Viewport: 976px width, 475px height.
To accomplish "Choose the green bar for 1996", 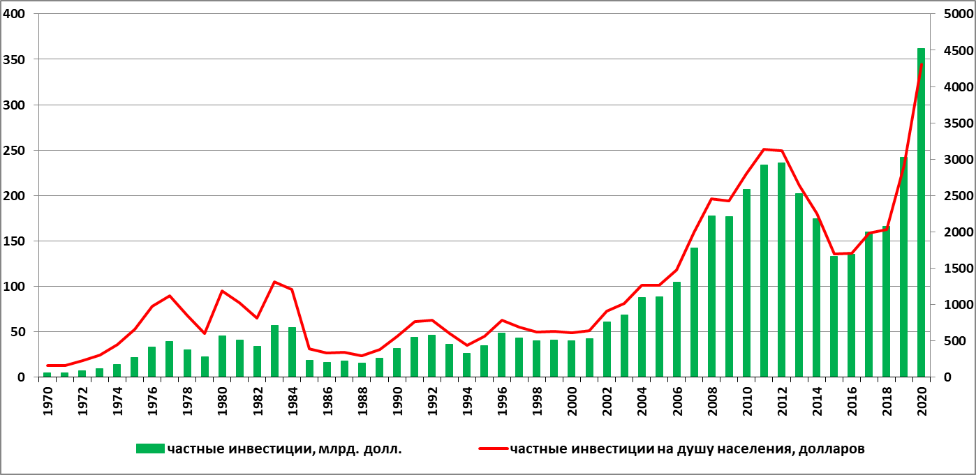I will pos(501,355).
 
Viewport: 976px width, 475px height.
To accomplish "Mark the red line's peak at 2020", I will pos(922,64).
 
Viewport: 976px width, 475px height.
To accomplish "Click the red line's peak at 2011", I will pos(764,149).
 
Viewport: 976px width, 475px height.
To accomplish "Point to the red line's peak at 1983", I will pos(274,282).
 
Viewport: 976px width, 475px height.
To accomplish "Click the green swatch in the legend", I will pos(150,448).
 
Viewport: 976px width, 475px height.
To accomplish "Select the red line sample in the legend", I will pos(493,448).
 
